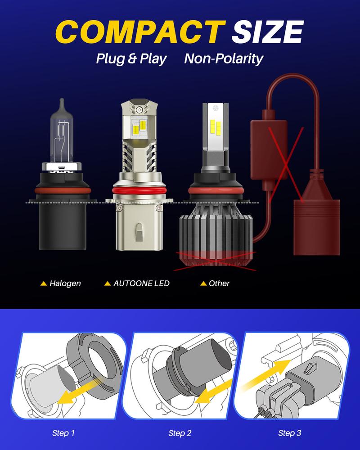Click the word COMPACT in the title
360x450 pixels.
click(140, 32)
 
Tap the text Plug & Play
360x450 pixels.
click(131, 58)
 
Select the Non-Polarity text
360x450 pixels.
click(224, 58)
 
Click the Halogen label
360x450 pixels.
click(65, 283)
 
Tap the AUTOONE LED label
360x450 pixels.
click(141, 283)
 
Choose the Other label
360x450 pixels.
click(219, 283)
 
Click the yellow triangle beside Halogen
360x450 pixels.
click(44, 283)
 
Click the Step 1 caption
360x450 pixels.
click(63, 433)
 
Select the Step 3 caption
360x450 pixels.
click(290, 433)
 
